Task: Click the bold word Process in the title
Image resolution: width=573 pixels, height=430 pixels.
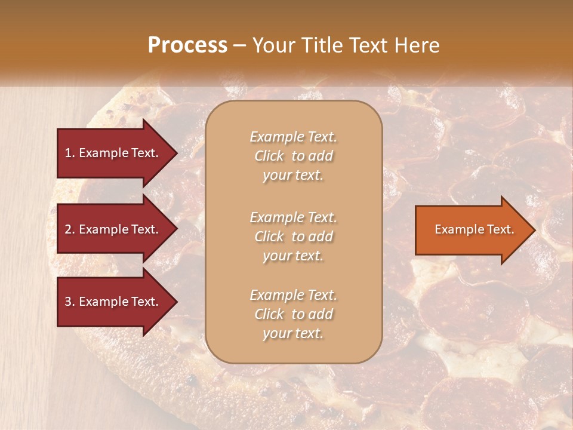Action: [187, 45]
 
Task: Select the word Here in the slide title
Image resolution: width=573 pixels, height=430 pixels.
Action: [417, 45]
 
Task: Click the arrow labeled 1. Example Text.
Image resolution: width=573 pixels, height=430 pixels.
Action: [113, 153]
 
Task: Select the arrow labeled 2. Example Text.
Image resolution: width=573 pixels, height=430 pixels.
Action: [113, 229]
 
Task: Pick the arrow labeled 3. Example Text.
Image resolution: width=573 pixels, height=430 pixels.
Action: [113, 302]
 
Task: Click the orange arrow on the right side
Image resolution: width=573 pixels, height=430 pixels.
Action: [472, 229]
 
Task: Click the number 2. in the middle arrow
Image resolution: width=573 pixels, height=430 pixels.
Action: [70, 229]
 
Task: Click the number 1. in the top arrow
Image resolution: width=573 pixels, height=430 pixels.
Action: [70, 153]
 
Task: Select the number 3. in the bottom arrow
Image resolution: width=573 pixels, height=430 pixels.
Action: [70, 302]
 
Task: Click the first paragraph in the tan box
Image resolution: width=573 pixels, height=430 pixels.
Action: [293, 156]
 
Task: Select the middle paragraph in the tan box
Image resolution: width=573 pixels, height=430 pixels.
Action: [293, 236]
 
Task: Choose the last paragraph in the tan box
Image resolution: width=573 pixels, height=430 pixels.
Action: [293, 314]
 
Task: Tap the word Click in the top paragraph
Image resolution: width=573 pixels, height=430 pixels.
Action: [269, 156]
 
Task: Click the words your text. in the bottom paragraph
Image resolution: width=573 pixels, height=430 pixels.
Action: [293, 333]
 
